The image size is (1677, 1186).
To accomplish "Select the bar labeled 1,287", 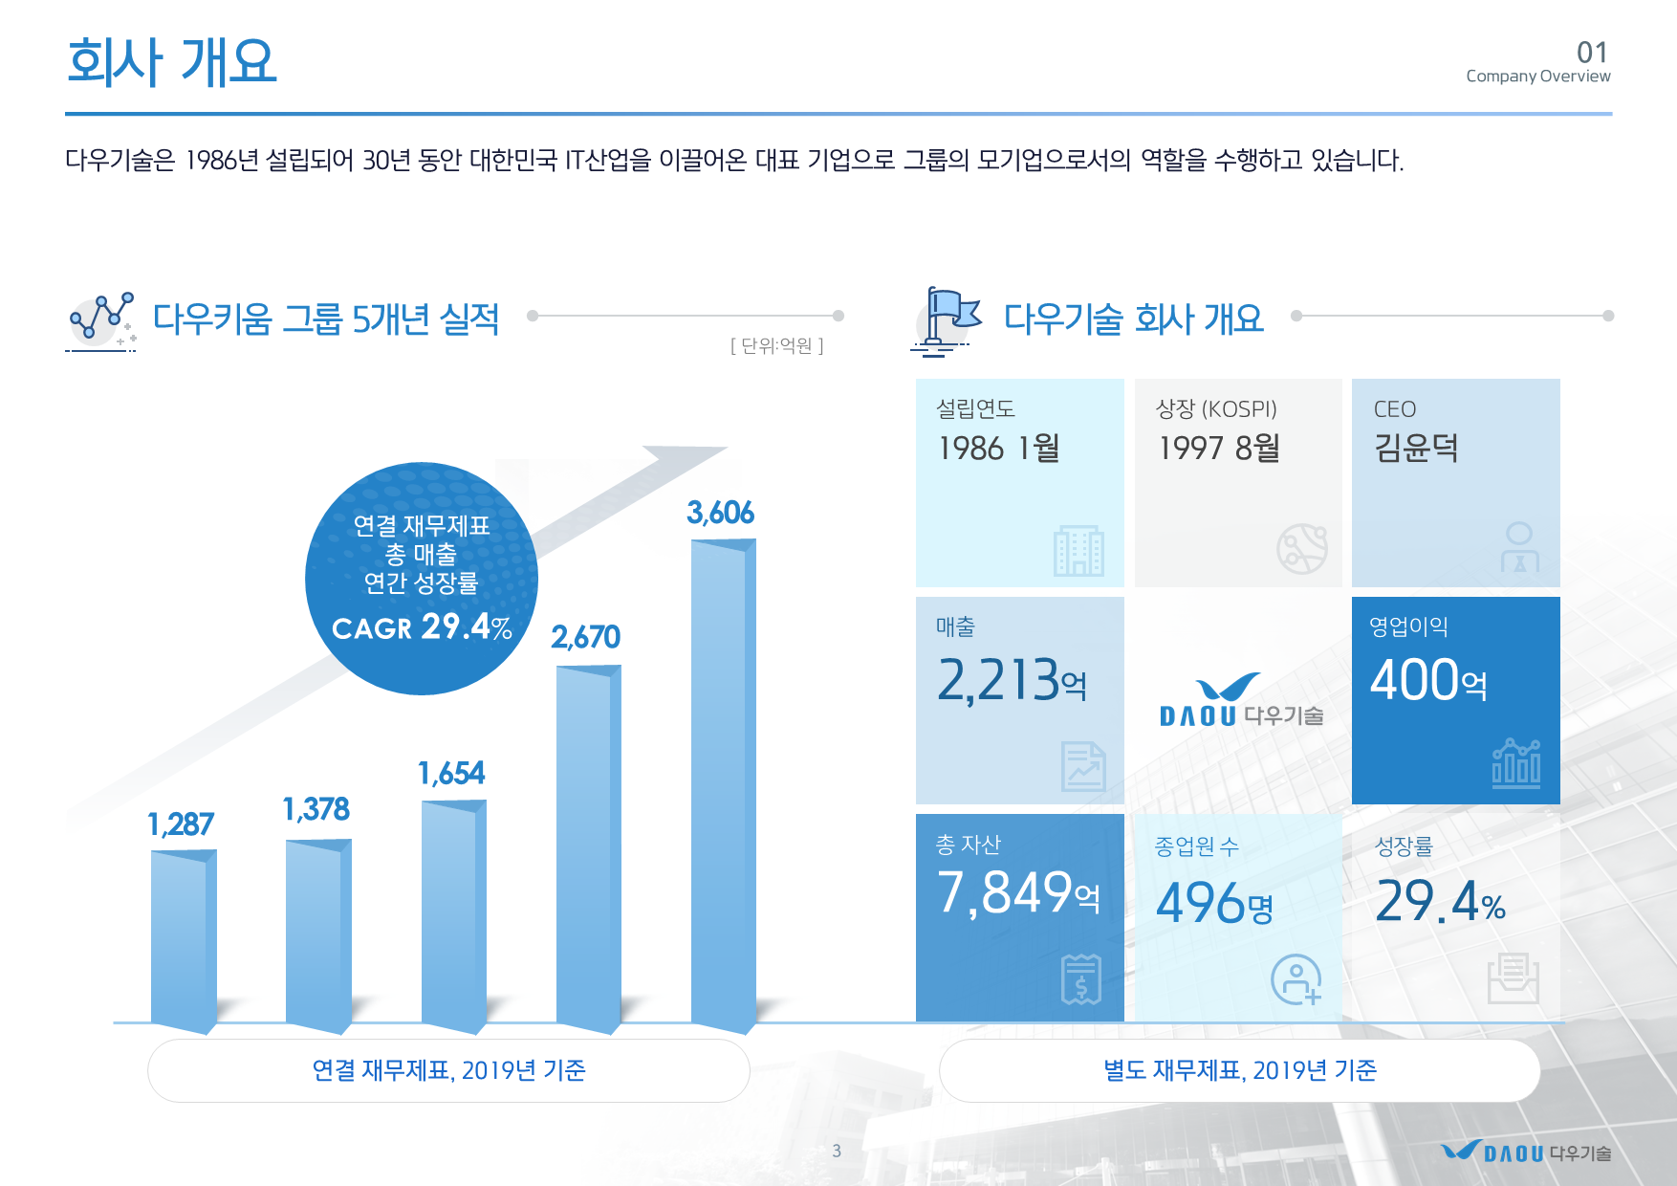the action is click(184, 942).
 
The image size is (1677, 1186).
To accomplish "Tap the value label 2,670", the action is click(585, 637).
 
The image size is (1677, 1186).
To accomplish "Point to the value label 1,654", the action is click(451, 773).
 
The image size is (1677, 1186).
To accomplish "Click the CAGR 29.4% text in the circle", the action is click(422, 627).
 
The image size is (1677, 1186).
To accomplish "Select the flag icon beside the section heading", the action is click(947, 321).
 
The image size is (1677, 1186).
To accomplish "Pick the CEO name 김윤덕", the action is click(1416, 448).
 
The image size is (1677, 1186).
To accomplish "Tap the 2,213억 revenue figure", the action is click(1012, 680).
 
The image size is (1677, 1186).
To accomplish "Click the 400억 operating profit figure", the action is click(1428, 680).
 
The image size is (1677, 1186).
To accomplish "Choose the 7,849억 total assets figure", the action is click(1018, 892).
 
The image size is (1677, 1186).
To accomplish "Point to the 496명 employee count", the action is click(1214, 903).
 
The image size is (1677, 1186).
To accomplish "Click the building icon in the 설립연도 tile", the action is click(1078, 550).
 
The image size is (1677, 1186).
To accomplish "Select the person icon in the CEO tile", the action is click(1519, 547).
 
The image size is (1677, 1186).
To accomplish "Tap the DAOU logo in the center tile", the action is click(1241, 701).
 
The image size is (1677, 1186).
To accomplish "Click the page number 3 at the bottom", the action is click(837, 1151).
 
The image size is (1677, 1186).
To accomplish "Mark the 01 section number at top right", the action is click(1593, 52).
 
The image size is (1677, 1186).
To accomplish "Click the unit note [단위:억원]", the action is click(776, 345).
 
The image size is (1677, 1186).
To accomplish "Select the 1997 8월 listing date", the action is click(1218, 448).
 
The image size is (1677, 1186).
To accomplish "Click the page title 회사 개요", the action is click(172, 62).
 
